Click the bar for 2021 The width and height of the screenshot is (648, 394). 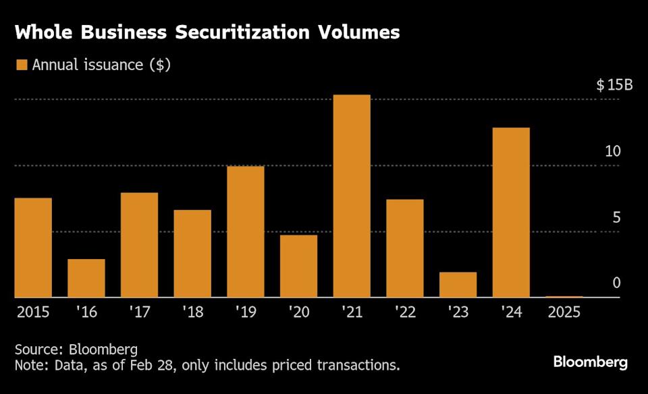352,196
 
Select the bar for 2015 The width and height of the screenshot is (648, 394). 33,247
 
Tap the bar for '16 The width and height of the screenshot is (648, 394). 86,278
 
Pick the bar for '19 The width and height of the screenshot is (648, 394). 246,231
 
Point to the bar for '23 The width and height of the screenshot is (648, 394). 458,284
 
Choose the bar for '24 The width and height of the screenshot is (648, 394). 511,212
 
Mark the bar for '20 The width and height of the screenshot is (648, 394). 298,266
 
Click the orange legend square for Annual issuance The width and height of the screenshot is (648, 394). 21,65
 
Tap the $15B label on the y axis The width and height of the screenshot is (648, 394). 614,86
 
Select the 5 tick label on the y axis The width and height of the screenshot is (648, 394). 616,217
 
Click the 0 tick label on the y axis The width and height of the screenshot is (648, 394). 616,283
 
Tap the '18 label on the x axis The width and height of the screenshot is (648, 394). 192,313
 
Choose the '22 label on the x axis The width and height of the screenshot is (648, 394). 404,313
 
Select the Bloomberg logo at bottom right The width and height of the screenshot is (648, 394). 591,362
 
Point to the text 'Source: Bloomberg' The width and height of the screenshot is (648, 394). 76,349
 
